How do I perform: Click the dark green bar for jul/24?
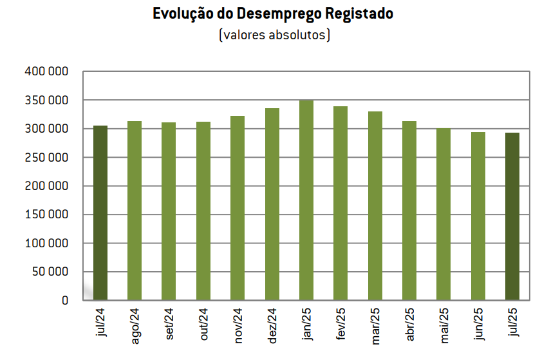click(100, 213)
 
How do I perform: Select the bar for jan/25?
click(306, 200)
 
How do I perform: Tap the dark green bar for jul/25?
click(512, 216)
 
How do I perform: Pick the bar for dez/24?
click(272, 204)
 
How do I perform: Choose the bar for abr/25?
click(409, 211)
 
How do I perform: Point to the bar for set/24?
click(169, 211)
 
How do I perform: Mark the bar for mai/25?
click(443, 214)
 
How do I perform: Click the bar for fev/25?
click(341, 203)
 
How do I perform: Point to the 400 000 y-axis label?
click(46, 71)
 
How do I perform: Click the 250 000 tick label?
click(46, 157)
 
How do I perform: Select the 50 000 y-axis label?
click(50, 272)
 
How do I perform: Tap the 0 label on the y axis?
click(64, 300)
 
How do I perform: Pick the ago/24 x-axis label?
click(135, 327)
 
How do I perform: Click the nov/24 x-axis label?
click(238, 326)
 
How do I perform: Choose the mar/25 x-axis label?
click(375, 326)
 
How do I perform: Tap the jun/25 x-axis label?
click(478, 326)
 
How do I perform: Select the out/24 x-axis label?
click(203, 325)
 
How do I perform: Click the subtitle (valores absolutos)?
click(274, 34)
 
